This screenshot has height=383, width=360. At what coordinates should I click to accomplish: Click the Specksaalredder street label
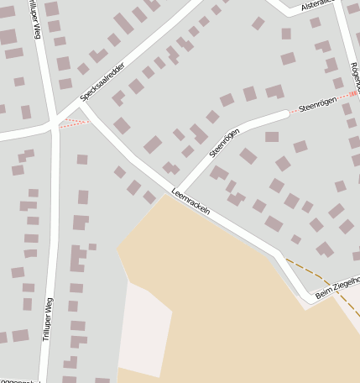102,81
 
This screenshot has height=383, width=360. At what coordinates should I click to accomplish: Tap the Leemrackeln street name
190,202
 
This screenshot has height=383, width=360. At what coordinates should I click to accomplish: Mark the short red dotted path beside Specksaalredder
74,124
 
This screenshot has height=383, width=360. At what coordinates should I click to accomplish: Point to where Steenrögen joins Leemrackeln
175,189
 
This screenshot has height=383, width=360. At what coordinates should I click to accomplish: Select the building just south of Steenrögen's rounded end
272,136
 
